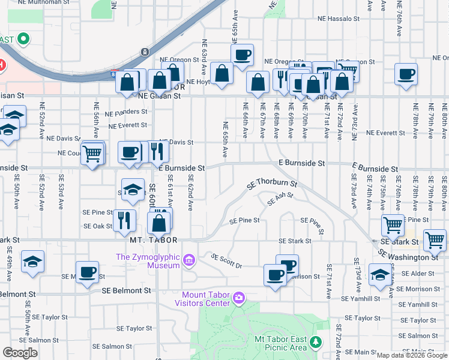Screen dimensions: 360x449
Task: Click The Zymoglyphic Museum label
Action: pos(148,257)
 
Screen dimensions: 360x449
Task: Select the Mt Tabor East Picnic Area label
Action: pos(280,343)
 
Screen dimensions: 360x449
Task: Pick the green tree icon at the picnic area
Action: pos(315,342)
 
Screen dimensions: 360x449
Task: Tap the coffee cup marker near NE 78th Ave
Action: pos(406,74)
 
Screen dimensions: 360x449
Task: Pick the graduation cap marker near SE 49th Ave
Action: pos(32,262)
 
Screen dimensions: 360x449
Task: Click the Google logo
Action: pos(20,353)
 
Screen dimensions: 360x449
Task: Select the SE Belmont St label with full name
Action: pos(126,290)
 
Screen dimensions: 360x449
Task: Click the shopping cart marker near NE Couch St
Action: pos(92,154)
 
